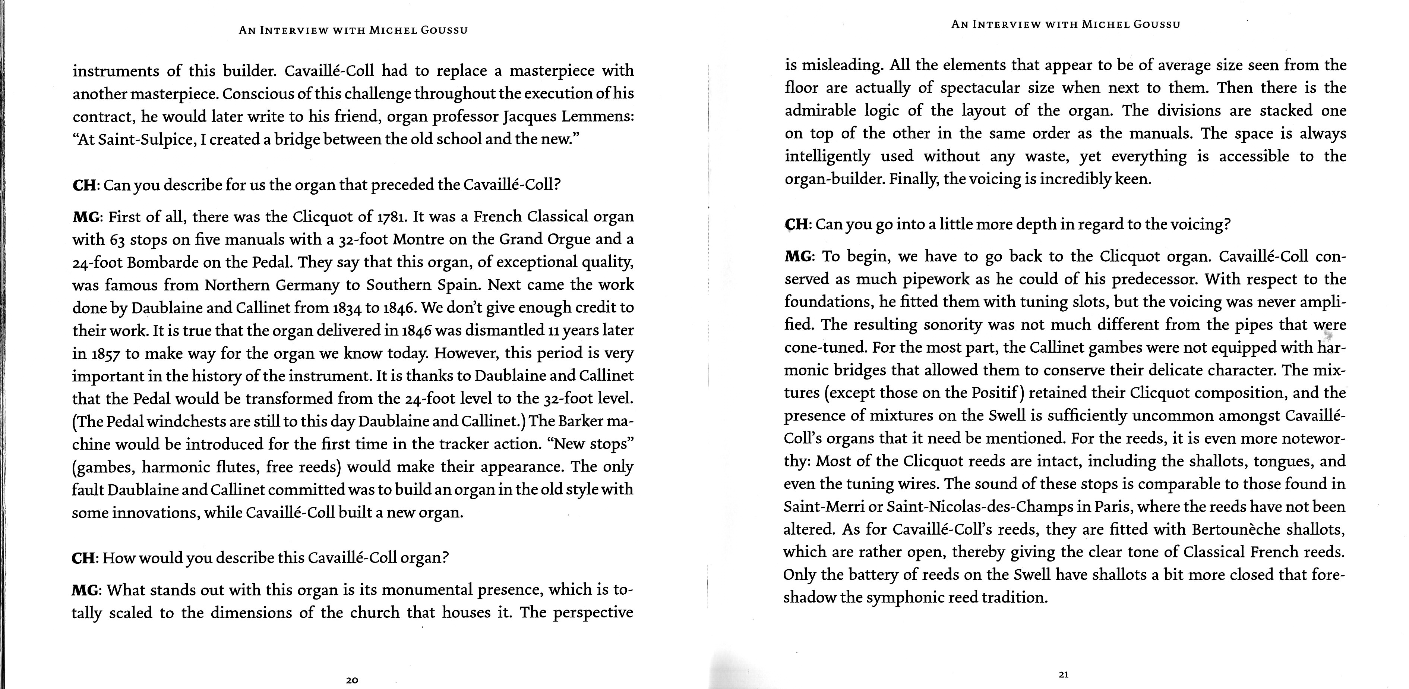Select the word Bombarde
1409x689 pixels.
pyautogui.click(x=163, y=263)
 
